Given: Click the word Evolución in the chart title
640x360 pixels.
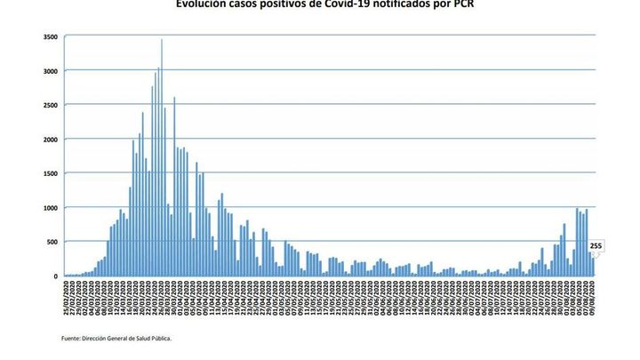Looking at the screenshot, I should pyautogui.click(x=201, y=4).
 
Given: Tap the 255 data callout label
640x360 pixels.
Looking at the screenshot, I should pyautogui.click(x=596, y=246).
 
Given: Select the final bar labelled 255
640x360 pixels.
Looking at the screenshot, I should pyautogui.click(x=593, y=268).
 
